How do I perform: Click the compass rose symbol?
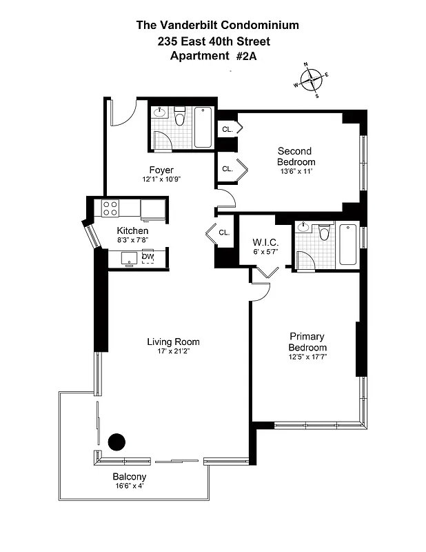[312, 80]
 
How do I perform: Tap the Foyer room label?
[161, 170]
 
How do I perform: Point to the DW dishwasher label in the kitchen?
[148, 257]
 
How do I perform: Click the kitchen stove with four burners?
[110, 208]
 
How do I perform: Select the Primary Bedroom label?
[307, 342]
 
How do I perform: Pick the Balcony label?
[130, 477]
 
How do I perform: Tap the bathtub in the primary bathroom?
[347, 244]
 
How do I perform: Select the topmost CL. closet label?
[226, 129]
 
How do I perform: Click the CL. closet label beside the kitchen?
[223, 233]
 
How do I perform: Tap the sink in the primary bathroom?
[303, 228]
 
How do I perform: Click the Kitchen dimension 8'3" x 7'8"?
[132, 240]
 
